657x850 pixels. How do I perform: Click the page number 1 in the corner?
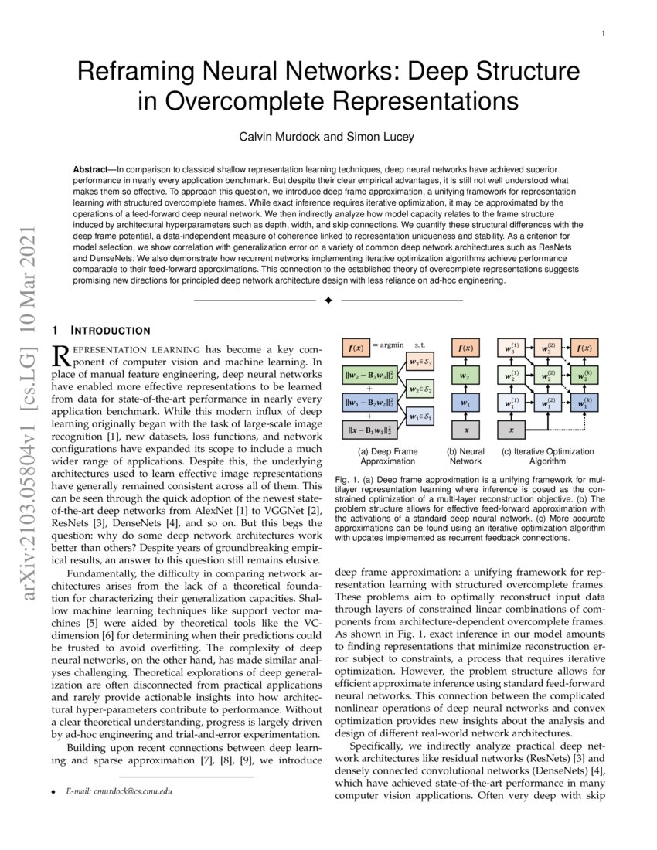(602, 34)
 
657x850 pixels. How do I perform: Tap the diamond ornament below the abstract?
(328, 300)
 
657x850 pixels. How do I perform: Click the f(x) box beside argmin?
(355, 348)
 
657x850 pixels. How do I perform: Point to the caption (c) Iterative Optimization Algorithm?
(548, 456)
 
